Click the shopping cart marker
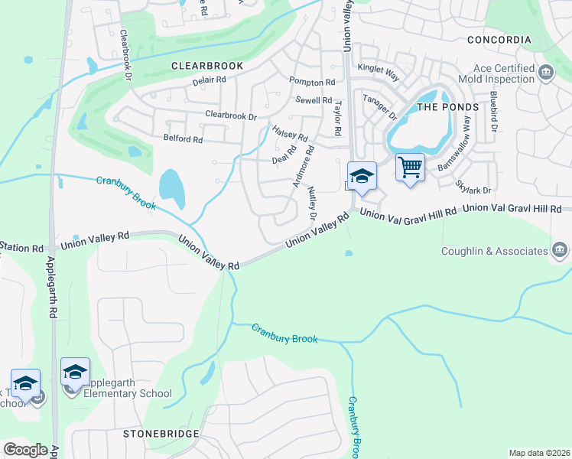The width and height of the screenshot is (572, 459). (411, 166)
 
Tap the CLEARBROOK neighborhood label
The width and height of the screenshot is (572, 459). (207, 66)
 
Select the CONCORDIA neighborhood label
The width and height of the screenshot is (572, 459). (499, 40)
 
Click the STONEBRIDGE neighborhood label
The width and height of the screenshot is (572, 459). (161, 434)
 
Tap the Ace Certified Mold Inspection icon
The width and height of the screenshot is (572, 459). (546, 73)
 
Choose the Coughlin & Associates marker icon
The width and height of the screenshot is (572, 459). (560, 251)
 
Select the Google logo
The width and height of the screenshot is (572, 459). (25, 450)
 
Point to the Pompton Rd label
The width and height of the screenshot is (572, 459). (312, 82)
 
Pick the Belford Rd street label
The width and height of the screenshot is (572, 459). (183, 139)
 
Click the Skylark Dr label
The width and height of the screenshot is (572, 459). (473, 186)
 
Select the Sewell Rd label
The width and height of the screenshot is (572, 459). (314, 100)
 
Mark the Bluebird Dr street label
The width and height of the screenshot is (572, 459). (493, 111)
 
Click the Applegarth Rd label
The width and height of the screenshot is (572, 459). (51, 288)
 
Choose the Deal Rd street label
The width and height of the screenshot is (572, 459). (284, 160)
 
